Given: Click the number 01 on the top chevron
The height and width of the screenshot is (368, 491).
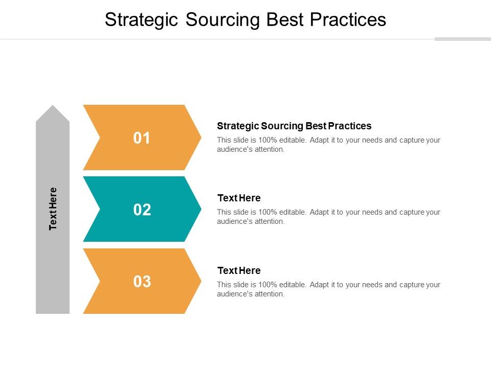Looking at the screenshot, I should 142,138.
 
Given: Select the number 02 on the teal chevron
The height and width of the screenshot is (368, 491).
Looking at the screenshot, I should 142,210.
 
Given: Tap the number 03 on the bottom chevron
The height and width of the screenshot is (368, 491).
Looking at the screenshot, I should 142,282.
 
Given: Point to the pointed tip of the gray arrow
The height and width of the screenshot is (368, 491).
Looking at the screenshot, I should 53,107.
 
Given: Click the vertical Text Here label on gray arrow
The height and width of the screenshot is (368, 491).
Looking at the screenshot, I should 53,209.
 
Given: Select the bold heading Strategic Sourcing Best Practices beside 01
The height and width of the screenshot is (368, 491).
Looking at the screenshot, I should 294,126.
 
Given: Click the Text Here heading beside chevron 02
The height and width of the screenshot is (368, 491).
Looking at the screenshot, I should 239,198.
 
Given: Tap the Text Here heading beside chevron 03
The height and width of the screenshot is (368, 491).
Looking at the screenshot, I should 239,271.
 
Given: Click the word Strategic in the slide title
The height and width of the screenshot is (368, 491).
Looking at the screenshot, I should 142,19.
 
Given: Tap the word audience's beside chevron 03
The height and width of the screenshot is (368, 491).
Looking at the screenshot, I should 233,294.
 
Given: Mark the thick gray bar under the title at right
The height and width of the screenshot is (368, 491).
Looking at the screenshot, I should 462,39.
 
